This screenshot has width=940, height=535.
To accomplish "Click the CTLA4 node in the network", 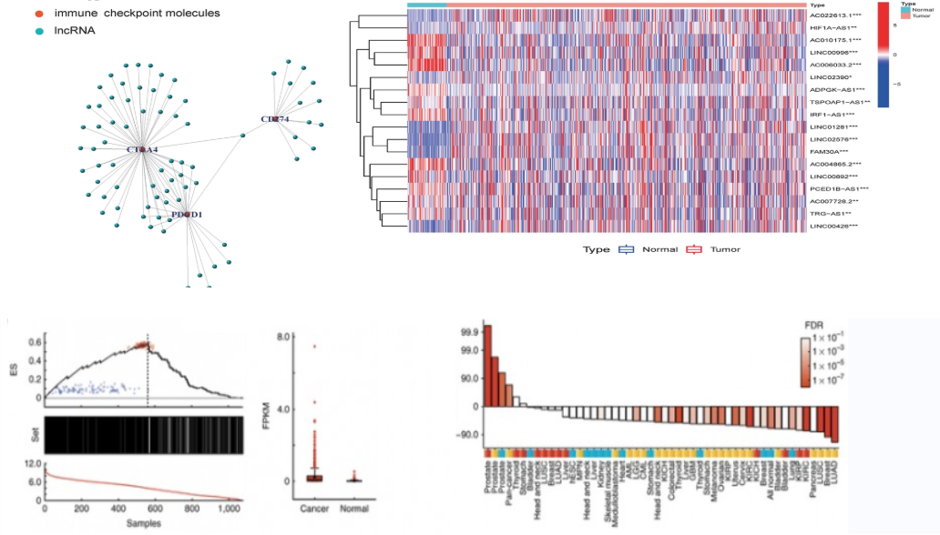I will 142,148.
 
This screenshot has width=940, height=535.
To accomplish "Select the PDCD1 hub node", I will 187,214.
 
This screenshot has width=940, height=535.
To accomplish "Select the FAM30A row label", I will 829,151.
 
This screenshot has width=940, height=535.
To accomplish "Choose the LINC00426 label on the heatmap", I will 833,226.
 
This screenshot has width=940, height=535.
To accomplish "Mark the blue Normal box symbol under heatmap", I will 626,249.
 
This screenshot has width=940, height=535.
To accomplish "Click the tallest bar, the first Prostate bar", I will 487,365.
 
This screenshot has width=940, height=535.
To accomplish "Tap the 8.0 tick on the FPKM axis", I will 282,337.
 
